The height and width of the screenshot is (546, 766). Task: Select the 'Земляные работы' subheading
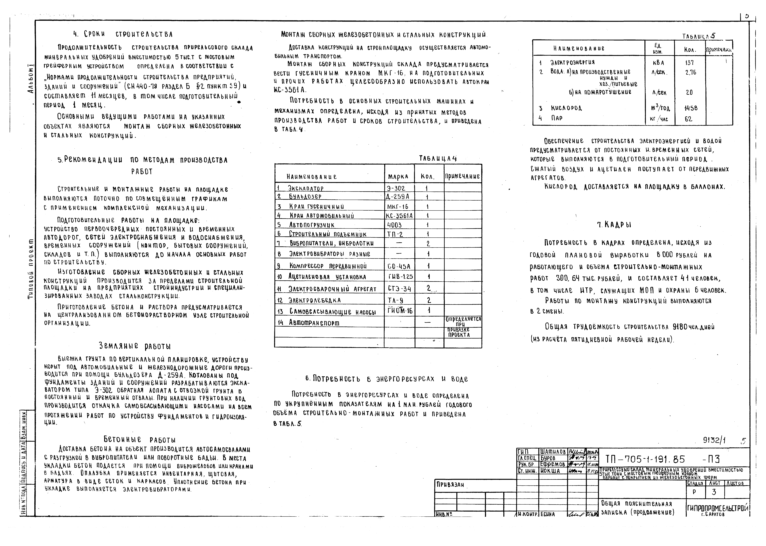(135, 346)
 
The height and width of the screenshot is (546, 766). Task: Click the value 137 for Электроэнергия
(689, 63)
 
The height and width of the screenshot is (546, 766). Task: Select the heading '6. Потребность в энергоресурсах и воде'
(386, 379)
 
